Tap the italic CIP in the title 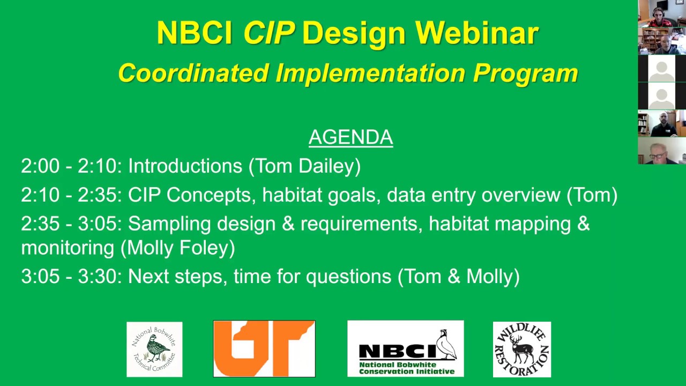pyautogui.click(x=269, y=33)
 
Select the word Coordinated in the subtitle pyautogui.click(x=193, y=73)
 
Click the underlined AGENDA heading pyautogui.click(x=351, y=137)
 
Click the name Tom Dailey pyautogui.click(x=304, y=166)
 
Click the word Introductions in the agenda pyautogui.click(x=185, y=166)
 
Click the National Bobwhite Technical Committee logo pyautogui.click(x=154, y=349)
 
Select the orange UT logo pyautogui.click(x=264, y=349)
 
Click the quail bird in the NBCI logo pyautogui.click(x=446, y=345)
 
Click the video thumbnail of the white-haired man pyautogui.click(x=661, y=151)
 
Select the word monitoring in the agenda pyautogui.click(x=68, y=248)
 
